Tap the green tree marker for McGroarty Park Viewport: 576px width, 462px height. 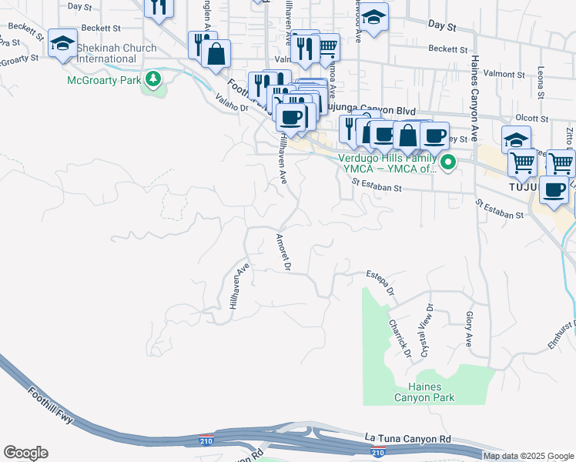(x=154, y=78)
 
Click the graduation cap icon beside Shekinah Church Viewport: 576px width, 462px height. (x=62, y=43)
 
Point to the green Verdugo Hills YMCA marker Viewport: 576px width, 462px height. (x=446, y=162)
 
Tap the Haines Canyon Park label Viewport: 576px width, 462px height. (x=424, y=392)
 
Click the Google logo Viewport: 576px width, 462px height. (x=25, y=453)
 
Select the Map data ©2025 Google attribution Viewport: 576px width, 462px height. (x=528, y=456)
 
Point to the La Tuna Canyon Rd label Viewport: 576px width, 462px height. (x=407, y=439)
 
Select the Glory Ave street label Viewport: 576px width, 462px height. (x=469, y=326)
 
